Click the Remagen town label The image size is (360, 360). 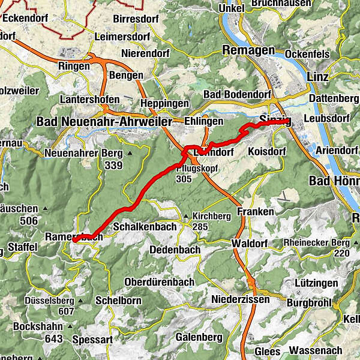(x=248, y=50)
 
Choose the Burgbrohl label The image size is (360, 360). (x=308, y=302)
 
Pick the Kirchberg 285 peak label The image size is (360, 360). (x=210, y=221)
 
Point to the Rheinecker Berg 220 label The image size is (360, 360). (x=324, y=247)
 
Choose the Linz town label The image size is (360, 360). (x=317, y=77)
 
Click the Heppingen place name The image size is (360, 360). (x=161, y=104)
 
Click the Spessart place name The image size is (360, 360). (x=92, y=340)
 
